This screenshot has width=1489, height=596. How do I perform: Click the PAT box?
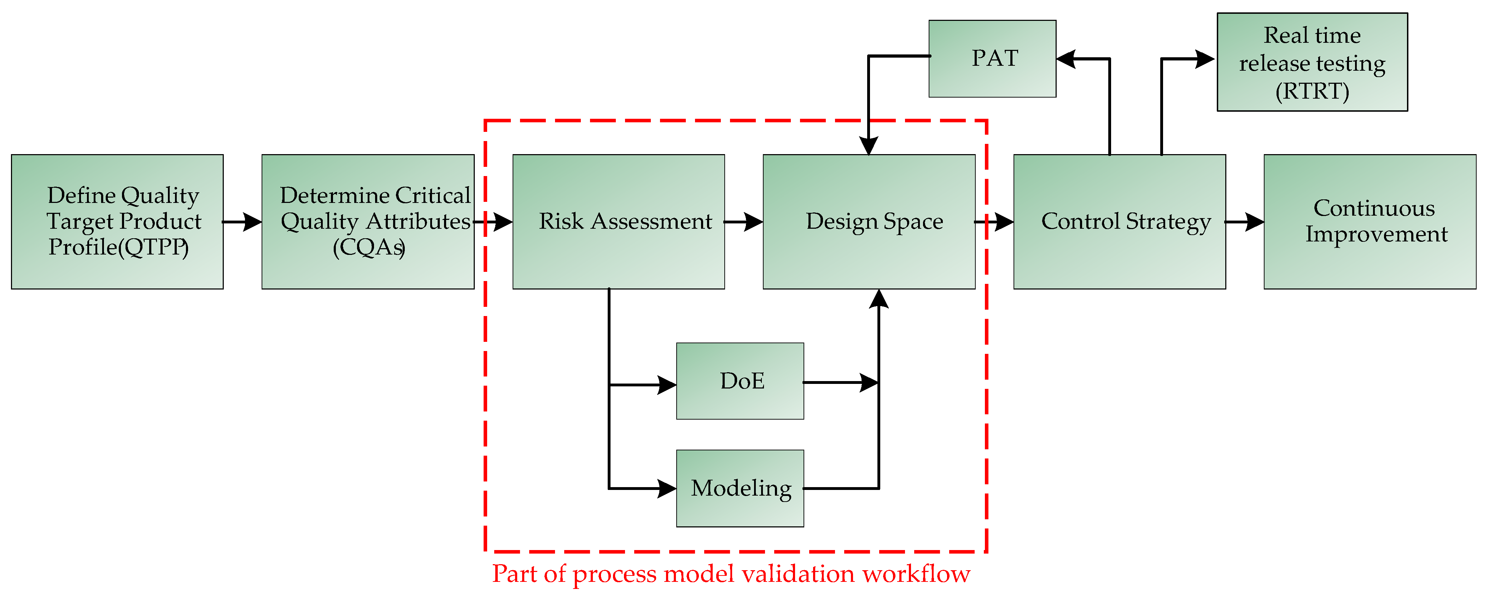992,58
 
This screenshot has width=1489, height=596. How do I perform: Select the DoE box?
740,381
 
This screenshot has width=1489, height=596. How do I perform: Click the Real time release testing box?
1312,62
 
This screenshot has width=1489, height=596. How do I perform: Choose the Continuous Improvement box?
1370,221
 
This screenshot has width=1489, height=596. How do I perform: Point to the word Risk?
561,221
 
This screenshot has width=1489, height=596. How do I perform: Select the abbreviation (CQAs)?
369,247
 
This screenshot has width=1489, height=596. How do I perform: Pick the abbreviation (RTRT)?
1312,91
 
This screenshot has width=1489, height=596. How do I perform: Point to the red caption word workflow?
916,574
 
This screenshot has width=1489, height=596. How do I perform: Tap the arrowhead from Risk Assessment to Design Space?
753,221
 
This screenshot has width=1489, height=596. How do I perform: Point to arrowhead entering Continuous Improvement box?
1254,221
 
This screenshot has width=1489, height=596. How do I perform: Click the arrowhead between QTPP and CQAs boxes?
252,221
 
